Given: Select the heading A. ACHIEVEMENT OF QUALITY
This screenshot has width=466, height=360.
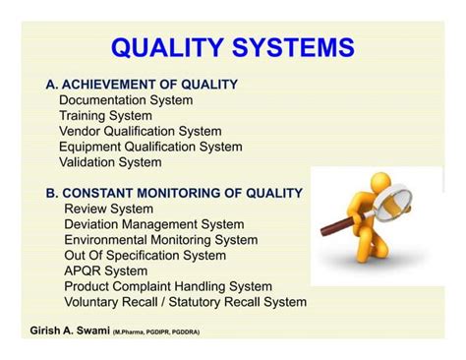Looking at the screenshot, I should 142,85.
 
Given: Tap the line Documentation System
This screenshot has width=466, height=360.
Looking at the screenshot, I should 126,100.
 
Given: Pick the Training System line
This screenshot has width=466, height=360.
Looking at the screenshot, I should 105,116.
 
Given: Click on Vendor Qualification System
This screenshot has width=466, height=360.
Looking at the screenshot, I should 140,132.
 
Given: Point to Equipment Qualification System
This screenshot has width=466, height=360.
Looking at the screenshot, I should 150,147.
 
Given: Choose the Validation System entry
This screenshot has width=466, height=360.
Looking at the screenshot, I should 110,162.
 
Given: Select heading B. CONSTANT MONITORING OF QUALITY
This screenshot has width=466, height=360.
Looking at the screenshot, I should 174,193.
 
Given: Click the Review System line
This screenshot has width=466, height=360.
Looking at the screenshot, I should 108,209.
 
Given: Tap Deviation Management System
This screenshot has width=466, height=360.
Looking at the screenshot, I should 153,224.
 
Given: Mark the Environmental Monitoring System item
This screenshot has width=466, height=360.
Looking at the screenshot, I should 160,240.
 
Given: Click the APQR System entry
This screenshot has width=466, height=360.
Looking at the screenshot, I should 105,271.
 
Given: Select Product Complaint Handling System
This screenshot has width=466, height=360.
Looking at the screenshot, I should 168,287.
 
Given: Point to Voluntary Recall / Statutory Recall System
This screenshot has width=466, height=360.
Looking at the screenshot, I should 185,303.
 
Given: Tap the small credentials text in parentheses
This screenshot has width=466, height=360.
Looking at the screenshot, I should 156,332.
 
